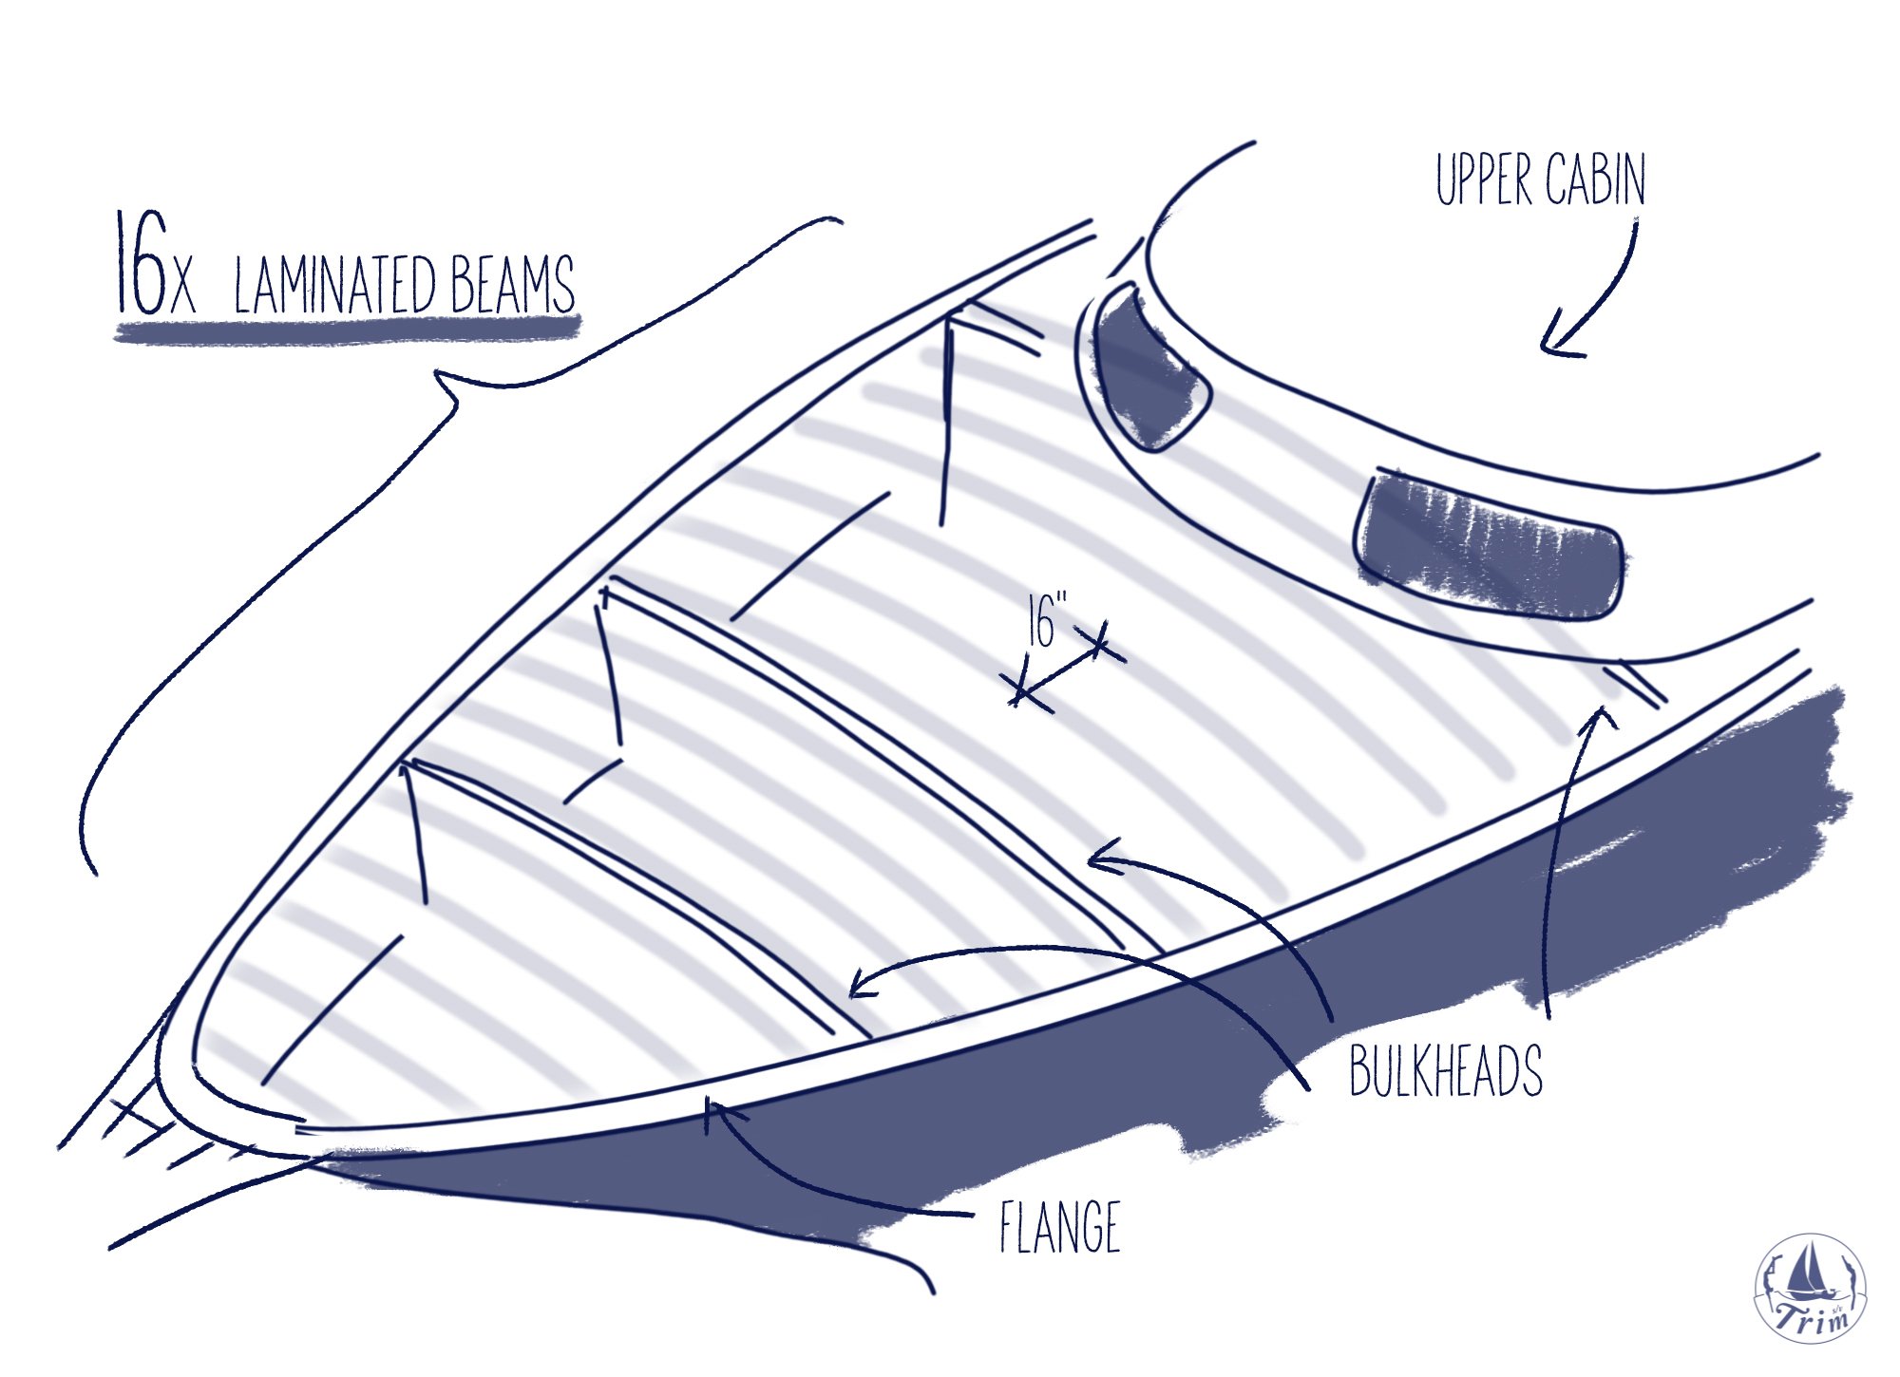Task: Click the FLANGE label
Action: point(1060,1227)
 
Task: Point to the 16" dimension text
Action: point(1046,621)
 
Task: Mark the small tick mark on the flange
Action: point(707,1116)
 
